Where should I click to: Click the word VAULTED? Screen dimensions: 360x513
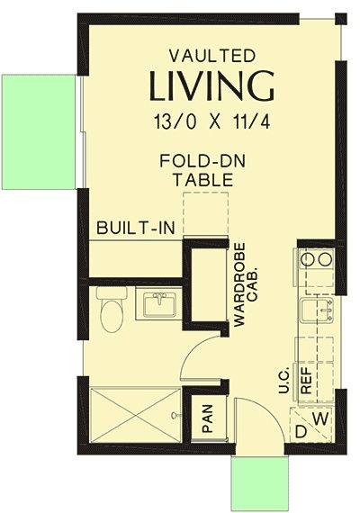212,56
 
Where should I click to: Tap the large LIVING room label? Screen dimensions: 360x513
211,86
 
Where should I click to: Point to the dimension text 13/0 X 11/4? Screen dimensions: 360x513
212,121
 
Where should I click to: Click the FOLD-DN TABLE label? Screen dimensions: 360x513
202,170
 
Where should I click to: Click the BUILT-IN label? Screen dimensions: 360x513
136,228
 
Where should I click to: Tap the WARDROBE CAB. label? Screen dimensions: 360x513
247,284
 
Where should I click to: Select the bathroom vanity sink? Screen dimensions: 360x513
159,304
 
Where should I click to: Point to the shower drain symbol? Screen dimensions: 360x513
175,415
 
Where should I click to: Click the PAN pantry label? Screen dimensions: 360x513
208,418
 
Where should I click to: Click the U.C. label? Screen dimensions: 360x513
283,380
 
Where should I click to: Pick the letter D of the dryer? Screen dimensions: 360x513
301,432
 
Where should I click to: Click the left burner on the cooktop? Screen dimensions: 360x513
307,260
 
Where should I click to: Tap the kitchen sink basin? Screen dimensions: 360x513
316,310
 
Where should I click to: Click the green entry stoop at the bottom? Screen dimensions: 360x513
260,482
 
